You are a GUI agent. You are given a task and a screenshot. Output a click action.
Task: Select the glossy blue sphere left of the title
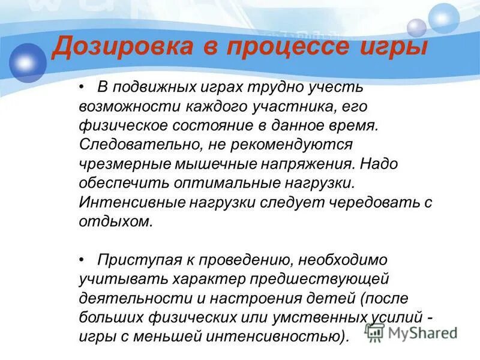[x=26, y=62]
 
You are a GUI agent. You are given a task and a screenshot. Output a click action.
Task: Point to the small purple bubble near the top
[x=416, y=28]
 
